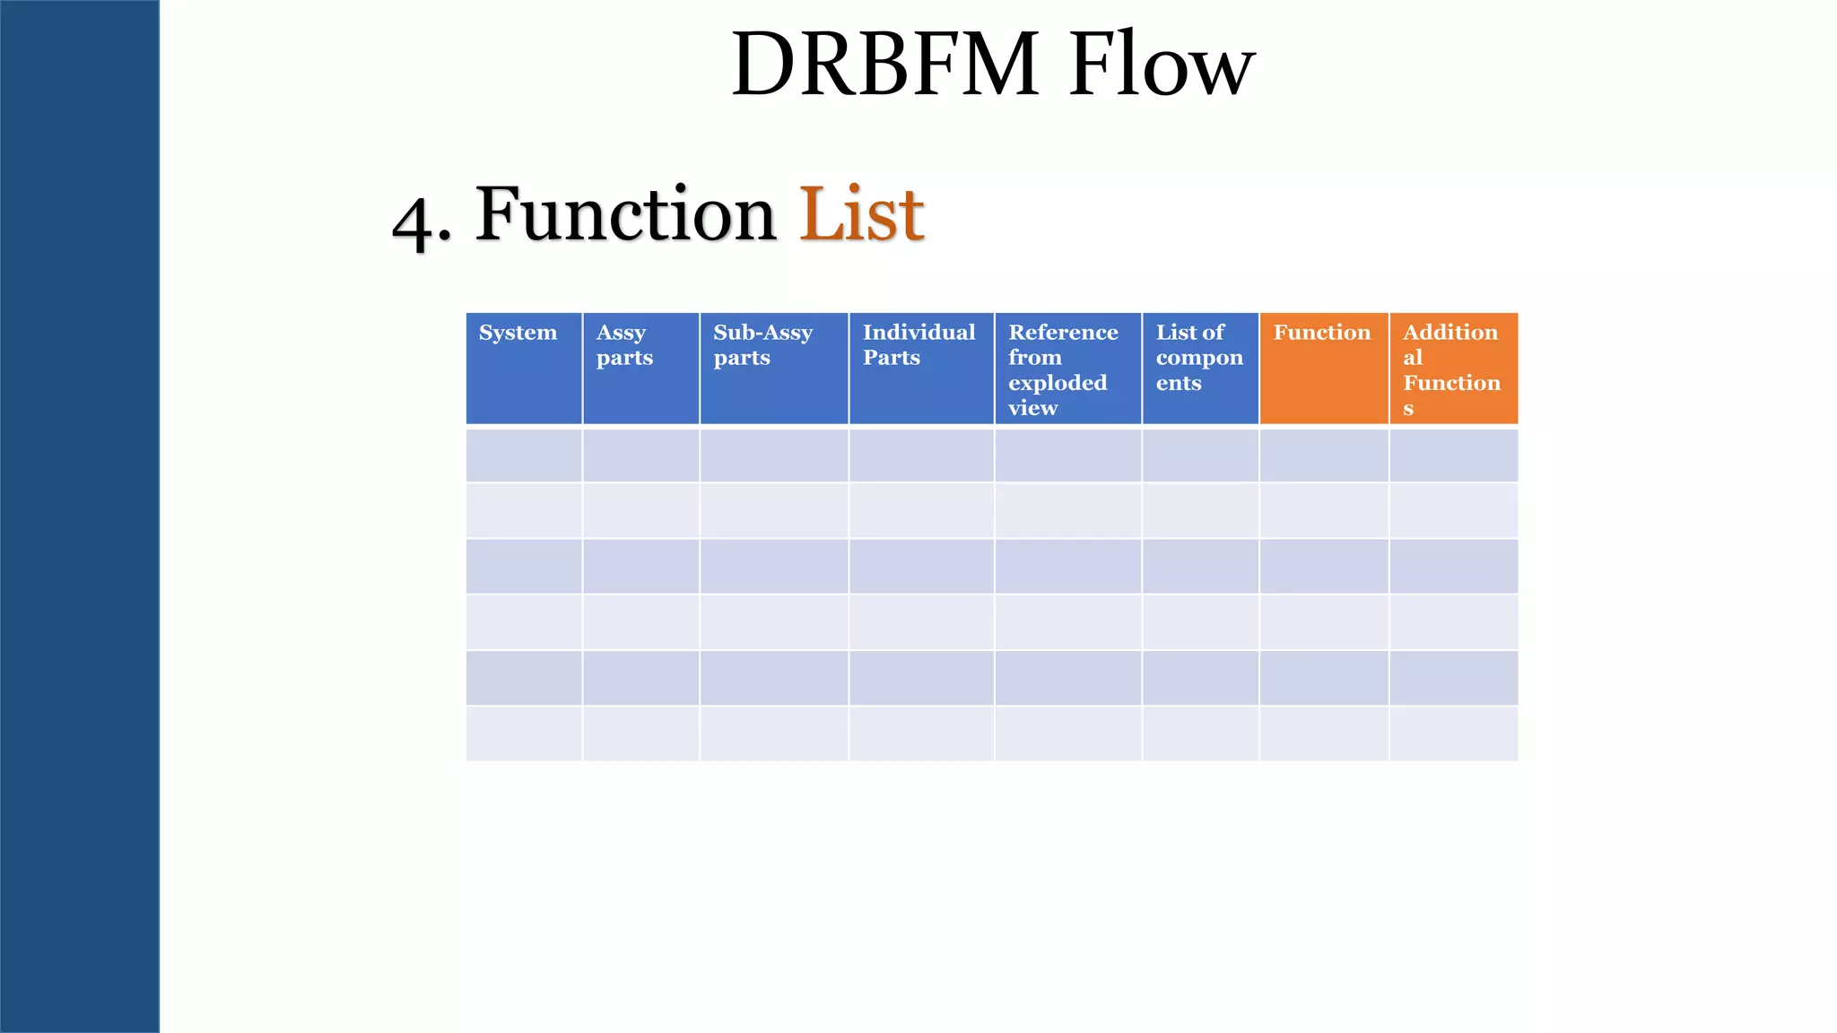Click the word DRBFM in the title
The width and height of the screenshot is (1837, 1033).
click(884, 65)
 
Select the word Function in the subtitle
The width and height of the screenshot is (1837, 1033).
click(625, 214)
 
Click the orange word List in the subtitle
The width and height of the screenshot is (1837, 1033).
click(861, 214)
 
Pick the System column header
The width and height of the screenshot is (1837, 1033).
click(518, 333)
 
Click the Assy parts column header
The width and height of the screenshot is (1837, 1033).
click(624, 345)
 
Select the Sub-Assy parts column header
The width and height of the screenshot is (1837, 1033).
click(762, 345)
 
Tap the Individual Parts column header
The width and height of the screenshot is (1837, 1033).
click(918, 345)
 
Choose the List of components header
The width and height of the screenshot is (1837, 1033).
click(1198, 358)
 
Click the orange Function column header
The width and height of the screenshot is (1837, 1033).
click(1322, 333)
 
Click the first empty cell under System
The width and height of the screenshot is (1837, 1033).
click(524, 456)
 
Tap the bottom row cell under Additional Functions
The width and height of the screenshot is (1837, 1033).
click(1453, 734)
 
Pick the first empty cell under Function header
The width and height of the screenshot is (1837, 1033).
click(1324, 456)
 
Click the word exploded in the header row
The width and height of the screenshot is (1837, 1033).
click(1058, 383)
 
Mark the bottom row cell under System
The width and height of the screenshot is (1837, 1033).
click(524, 734)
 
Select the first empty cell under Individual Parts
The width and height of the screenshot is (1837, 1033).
click(921, 456)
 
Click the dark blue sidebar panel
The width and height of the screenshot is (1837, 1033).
click(80, 516)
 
